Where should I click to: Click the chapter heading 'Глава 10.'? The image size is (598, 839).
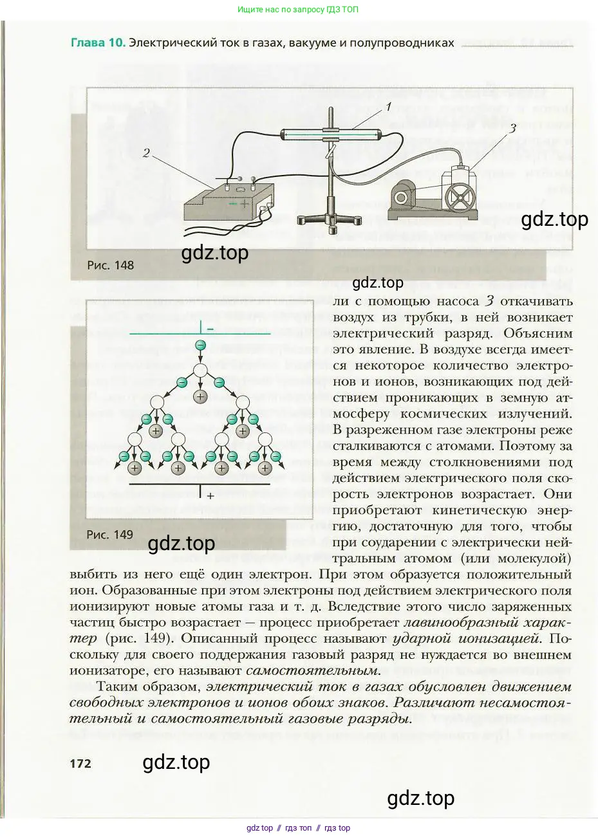[x=97, y=43]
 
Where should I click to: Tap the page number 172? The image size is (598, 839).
[x=80, y=764]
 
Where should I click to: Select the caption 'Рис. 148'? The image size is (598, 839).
[x=110, y=265]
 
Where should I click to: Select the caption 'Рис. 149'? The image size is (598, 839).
[x=109, y=534]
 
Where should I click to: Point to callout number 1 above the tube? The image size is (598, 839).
[x=388, y=107]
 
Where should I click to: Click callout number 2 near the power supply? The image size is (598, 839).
[x=146, y=153]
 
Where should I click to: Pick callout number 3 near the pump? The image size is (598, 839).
[x=512, y=128]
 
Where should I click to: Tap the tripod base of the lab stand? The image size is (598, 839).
[x=330, y=219]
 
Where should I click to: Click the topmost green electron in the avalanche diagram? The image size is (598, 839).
[x=200, y=346]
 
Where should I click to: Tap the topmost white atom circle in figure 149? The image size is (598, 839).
[x=200, y=371]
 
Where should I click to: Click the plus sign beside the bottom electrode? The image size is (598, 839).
[x=210, y=496]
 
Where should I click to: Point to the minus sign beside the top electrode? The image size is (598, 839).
[x=210, y=329]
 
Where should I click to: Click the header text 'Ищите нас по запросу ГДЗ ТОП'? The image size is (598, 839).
[x=298, y=10]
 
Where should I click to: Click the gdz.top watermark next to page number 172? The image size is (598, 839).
[x=176, y=762]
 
